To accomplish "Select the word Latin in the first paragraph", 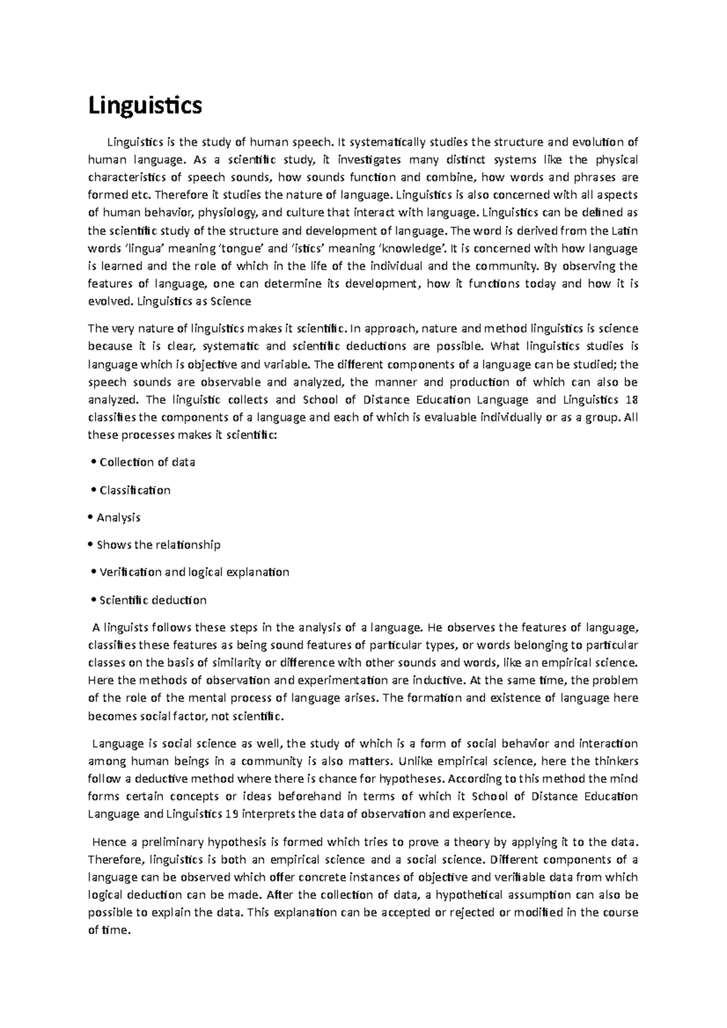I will pyautogui.click(x=624, y=231).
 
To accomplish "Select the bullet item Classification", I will pyautogui.click(x=135, y=490).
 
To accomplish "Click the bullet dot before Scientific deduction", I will pyautogui.click(x=93, y=601).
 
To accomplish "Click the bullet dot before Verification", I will pyautogui.click(x=93, y=573).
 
